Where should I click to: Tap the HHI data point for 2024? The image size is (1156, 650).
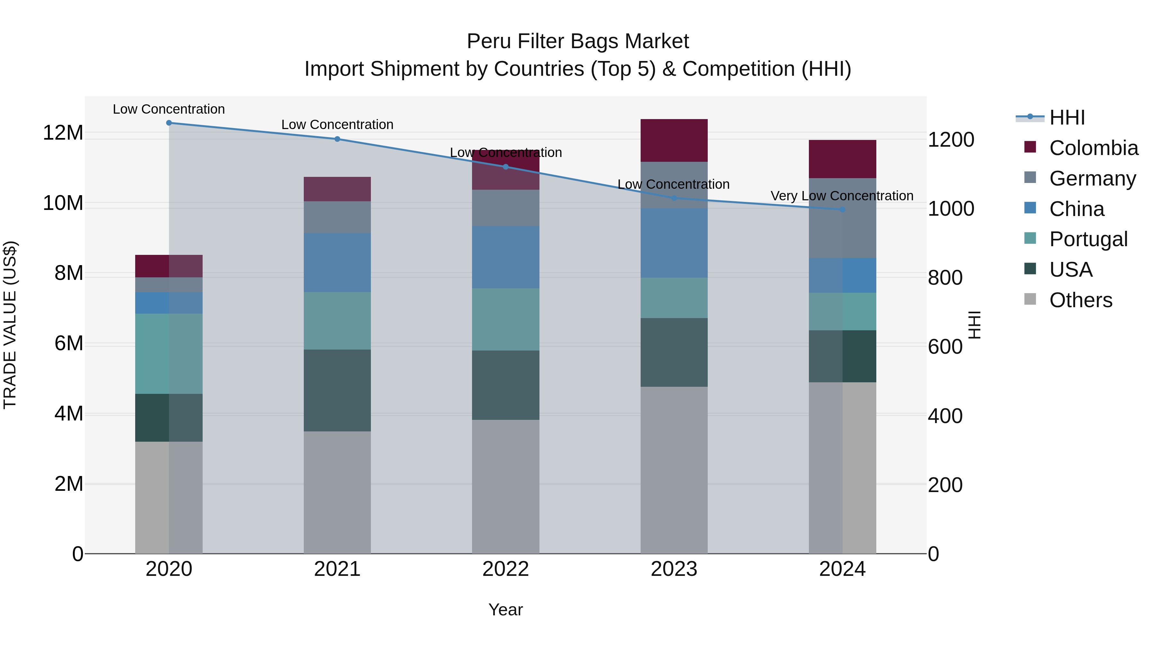[x=842, y=210]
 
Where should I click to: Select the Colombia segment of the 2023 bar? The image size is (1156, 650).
[x=674, y=140]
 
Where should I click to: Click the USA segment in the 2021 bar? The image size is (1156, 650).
[x=337, y=390]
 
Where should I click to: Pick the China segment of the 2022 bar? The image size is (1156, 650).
[x=505, y=257]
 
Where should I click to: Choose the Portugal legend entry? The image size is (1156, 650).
[x=1088, y=239]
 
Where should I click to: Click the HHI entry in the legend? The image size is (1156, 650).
[x=1067, y=117]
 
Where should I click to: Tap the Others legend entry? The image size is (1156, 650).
[x=1080, y=300]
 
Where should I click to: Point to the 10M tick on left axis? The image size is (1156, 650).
[x=63, y=203]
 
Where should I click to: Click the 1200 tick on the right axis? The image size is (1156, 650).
[x=950, y=140]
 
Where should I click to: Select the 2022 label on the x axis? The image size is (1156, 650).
[x=505, y=569]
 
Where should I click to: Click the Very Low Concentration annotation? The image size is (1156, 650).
[x=842, y=196]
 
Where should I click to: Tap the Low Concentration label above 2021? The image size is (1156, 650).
[x=337, y=125]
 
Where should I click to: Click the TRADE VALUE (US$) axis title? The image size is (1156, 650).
[x=10, y=325]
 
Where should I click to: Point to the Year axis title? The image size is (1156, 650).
[x=505, y=610]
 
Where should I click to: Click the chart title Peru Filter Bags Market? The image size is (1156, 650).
[x=578, y=41]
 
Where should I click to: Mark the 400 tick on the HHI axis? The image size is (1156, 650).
[x=945, y=416]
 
